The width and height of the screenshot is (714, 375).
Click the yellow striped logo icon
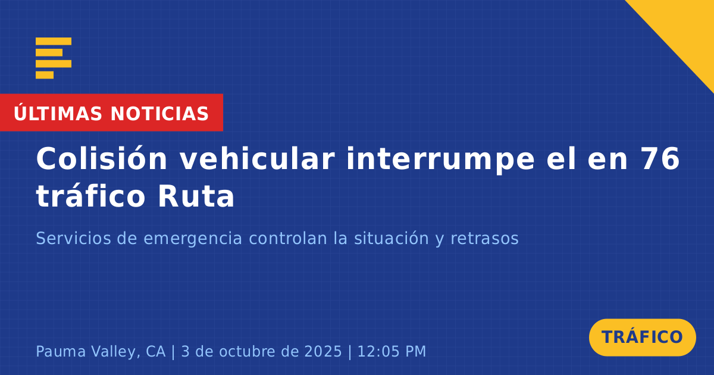(x=54, y=58)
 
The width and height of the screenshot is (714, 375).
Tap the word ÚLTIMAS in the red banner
(x=58, y=114)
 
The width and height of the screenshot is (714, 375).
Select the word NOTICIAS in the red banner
(x=159, y=114)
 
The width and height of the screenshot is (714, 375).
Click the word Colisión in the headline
(x=102, y=159)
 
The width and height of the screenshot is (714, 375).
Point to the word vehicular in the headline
(x=258, y=159)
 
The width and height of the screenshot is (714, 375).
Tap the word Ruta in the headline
(x=196, y=196)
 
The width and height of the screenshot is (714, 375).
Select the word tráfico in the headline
(x=91, y=196)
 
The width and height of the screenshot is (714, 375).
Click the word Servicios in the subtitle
(x=73, y=238)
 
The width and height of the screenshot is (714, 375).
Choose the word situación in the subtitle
(x=392, y=238)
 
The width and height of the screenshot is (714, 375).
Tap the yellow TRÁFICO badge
(x=642, y=337)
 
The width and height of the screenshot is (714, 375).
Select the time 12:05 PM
(x=392, y=351)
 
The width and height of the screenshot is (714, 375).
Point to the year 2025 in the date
(x=323, y=351)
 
